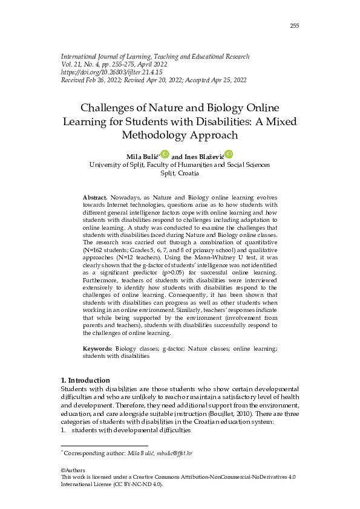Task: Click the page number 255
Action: pyautogui.click(x=295, y=25)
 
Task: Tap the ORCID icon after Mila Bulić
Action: pyautogui.click(x=165, y=155)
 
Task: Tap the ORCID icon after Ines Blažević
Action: pyautogui.click(x=229, y=155)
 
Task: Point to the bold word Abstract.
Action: pyautogui.click(x=94, y=198)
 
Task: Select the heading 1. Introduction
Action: pyautogui.click(x=86, y=380)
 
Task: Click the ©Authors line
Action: pyautogui.click(x=73, y=470)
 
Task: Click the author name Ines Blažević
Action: pyautogui.click(x=203, y=157)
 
